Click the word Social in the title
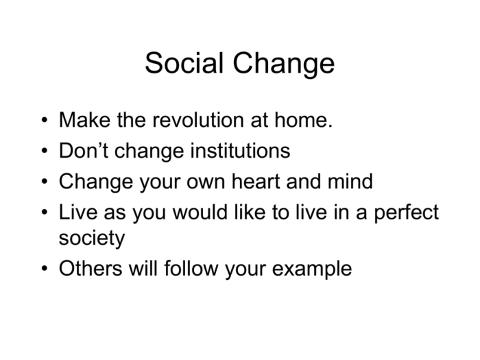184,63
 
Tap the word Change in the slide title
283,65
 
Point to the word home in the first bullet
303,120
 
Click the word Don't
84,151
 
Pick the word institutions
240,151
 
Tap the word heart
256,181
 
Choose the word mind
350,181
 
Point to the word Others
91,268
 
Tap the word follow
191,268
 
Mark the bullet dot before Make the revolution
45,120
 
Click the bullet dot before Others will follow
45,269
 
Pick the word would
200,212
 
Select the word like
250,212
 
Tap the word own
206,184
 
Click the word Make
85,120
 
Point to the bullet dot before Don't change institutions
45,151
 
